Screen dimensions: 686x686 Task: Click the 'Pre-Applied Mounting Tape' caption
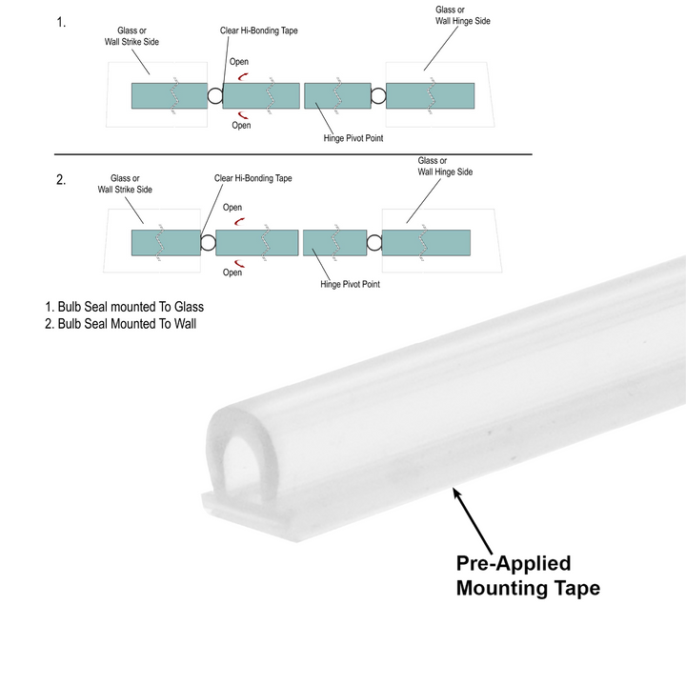point(528,575)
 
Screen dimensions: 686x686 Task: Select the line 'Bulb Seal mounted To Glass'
point(125,308)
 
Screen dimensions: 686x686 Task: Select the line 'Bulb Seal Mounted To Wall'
point(124,324)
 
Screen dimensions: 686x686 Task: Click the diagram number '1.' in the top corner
point(61,23)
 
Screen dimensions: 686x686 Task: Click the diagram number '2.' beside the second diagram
point(61,180)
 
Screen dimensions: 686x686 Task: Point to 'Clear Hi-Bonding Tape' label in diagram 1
point(258,31)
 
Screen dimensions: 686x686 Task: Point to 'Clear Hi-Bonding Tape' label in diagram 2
point(252,178)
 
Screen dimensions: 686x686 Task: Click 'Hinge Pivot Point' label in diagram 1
point(358,136)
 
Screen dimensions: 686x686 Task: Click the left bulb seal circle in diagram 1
point(215,96)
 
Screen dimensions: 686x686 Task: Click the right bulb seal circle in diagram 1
point(378,95)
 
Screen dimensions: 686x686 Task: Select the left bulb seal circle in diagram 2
point(209,243)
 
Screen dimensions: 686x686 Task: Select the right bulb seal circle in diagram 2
point(373,243)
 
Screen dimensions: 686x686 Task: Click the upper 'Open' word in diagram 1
point(240,63)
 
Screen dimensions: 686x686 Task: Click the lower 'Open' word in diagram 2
point(232,272)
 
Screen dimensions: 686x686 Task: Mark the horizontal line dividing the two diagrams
point(293,153)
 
